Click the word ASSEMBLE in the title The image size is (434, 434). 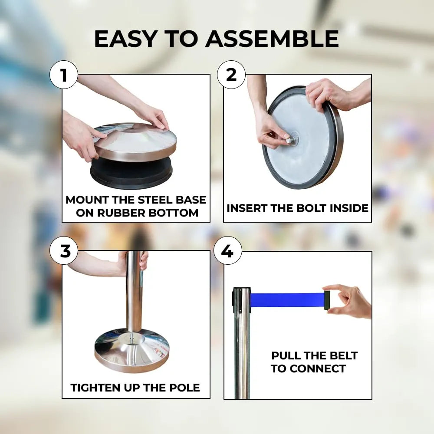(x=272, y=39)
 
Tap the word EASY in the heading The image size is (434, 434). (x=126, y=39)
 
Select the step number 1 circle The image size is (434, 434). (x=64, y=75)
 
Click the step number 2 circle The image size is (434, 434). (x=231, y=75)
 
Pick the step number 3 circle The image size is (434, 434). (x=64, y=251)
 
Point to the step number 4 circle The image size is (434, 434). (x=227, y=251)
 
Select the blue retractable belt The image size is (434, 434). (x=287, y=300)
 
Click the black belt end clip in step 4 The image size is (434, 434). (x=327, y=300)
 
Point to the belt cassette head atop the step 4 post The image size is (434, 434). (x=241, y=300)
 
